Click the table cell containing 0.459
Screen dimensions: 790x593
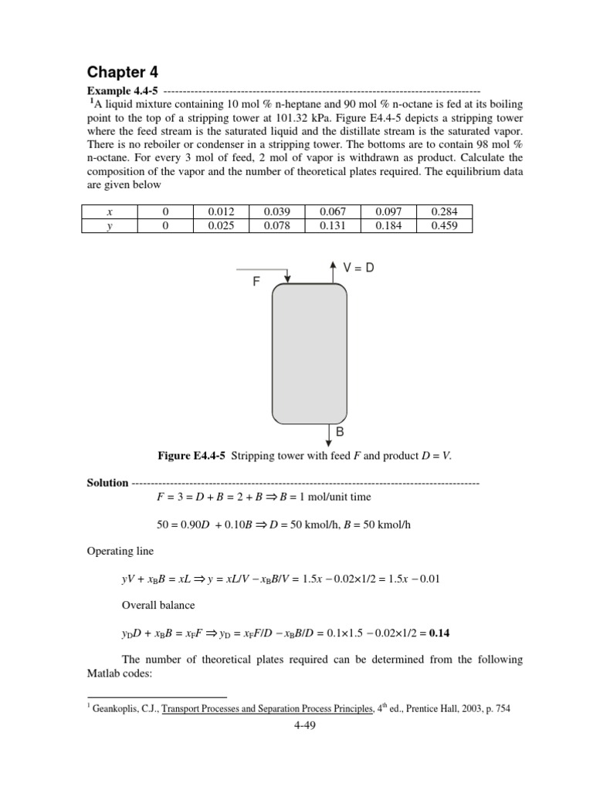(x=443, y=225)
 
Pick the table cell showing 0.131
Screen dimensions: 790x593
(x=332, y=225)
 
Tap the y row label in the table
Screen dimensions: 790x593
(x=110, y=225)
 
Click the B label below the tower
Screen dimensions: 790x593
(x=339, y=433)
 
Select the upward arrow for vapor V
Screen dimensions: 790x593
(x=332, y=272)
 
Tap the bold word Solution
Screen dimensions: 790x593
(x=108, y=483)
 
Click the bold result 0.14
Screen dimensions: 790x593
(x=440, y=633)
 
